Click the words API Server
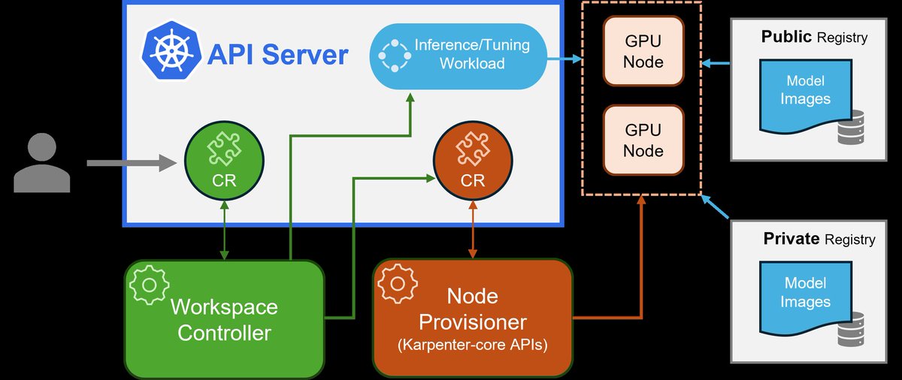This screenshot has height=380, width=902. coord(277,55)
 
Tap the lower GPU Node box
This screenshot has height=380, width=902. coord(643,140)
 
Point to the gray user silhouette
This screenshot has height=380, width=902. coord(42,164)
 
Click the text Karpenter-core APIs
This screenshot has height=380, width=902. coord(473,346)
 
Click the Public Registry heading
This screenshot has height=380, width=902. coord(814,37)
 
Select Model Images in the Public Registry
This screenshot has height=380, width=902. coord(805,90)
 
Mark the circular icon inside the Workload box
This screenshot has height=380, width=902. coord(392,54)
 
